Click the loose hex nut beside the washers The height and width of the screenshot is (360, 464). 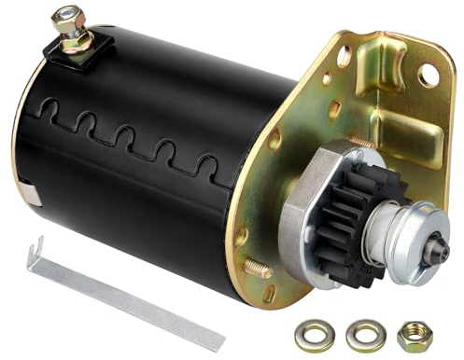[x=414, y=334]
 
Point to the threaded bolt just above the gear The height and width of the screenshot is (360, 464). [x=363, y=142]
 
